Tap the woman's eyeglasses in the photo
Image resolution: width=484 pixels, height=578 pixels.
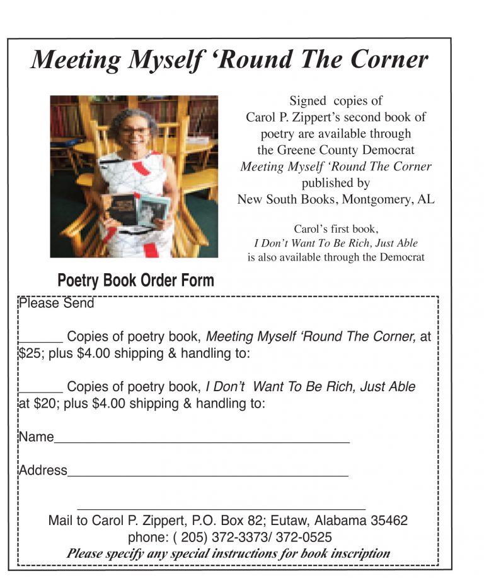point(136,132)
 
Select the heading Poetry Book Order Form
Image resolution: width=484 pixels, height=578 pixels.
point(135,281)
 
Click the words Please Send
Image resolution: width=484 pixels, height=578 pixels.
point(56,304)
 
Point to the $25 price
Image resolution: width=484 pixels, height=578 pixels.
point(29,353)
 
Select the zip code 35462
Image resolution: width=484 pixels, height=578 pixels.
point(389,521)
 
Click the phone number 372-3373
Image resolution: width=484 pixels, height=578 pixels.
point(251,538)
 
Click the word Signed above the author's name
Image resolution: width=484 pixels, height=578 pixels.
point(308,101)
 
